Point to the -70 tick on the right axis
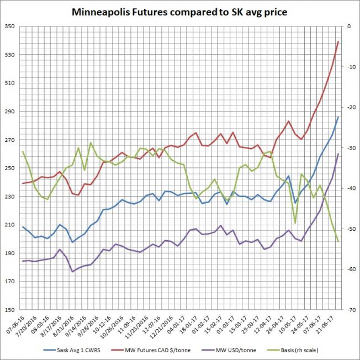pos(349,310)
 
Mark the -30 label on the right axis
pos(349,148)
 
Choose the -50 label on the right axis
pos(349,229)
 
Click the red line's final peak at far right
pos(338,41)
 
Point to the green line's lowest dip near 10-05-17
pos(295,223)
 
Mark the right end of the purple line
pos(338,153)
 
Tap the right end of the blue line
pos(338,117)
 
